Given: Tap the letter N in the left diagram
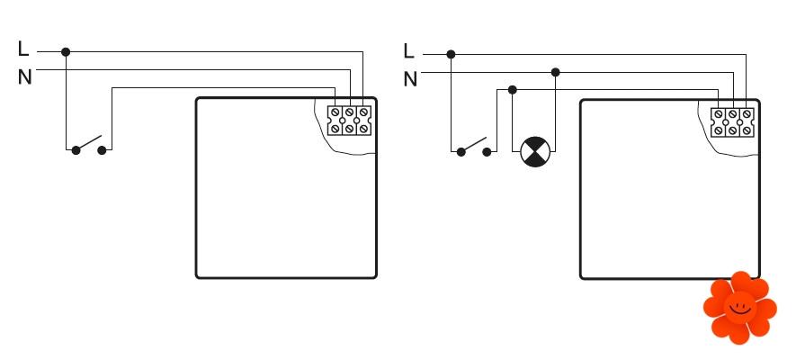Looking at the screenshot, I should pos(24,77).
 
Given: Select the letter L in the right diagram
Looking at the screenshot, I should pos(409,51).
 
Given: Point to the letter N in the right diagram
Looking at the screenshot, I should pos(410,79).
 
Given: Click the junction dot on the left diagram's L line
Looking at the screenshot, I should pos(66,52).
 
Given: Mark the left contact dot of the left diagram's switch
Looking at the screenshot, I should pos(76,149).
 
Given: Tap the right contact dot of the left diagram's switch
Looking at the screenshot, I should pos(102,149).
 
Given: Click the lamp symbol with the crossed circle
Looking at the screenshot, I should pos(533,151).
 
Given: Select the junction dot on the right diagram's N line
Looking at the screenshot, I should pos(555,72).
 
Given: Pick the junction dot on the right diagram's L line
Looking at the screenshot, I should pos(451,54).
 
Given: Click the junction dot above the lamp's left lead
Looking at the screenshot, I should pos(512,89).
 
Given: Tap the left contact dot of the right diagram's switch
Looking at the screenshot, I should pos(461,152).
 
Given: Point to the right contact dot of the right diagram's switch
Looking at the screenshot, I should pos(487,152).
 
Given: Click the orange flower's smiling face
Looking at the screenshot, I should pos(739,307).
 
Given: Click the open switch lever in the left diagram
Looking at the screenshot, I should pos(89,143).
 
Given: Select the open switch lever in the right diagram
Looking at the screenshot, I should pos(474,145).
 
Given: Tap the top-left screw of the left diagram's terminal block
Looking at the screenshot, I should pos(335,114).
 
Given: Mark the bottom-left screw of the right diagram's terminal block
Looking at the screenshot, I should pos(719,130).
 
